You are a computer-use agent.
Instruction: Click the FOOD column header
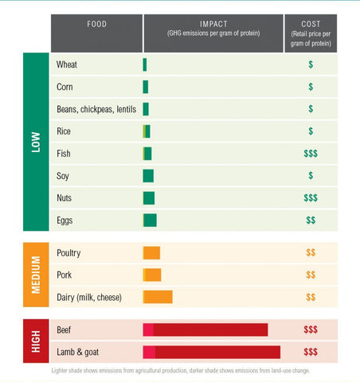pyautogui.click(x=96, y=24)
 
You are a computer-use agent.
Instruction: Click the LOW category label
pyautogui.click(x=36, y=142)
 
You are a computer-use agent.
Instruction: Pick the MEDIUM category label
pyautogui.click(x=36, y=275)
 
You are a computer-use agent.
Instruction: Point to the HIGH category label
pyautogui.click(x=36, y=341)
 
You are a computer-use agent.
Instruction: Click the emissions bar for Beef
pyautogui.click(x=205, y=329)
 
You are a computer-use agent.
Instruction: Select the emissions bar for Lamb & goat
pyautogui.click(x=212, y=352)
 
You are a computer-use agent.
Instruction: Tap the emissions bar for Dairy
pyautogui.click(x=158, y=297)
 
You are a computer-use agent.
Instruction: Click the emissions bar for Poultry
pyautogui.click(x=151, y=253)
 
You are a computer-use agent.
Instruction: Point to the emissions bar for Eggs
pyautogui.click(x=150, y=220)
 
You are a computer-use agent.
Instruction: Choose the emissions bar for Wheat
pyautogui.click(x=145, y=64)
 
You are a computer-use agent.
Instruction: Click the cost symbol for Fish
pyautogui.click(x=311, y=154)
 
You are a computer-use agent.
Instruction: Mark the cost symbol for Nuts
pyautogui.click(x=311, y=198)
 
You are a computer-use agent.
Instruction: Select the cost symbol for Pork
pyautogui.click(x=311, y=275)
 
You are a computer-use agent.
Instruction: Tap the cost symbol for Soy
pyautogui.click(x=311, y=176)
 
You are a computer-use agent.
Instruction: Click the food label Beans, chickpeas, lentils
pyautogui.click(x=96, y=109)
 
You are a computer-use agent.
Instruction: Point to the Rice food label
pyautogui.click(x=64, y=131)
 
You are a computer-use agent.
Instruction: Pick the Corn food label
pyautogui.click(x=65, y=87)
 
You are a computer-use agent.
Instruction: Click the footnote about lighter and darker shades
pyautogui.click(x=181, y=370)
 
